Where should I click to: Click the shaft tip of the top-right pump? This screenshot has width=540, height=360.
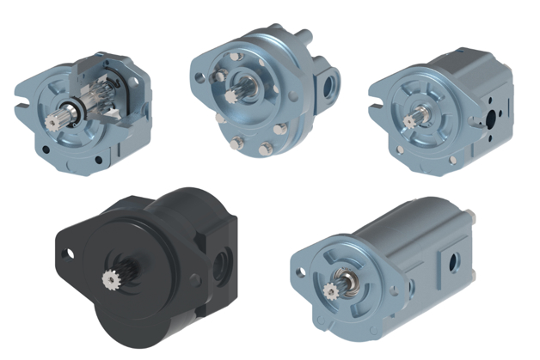coord(410,121)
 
